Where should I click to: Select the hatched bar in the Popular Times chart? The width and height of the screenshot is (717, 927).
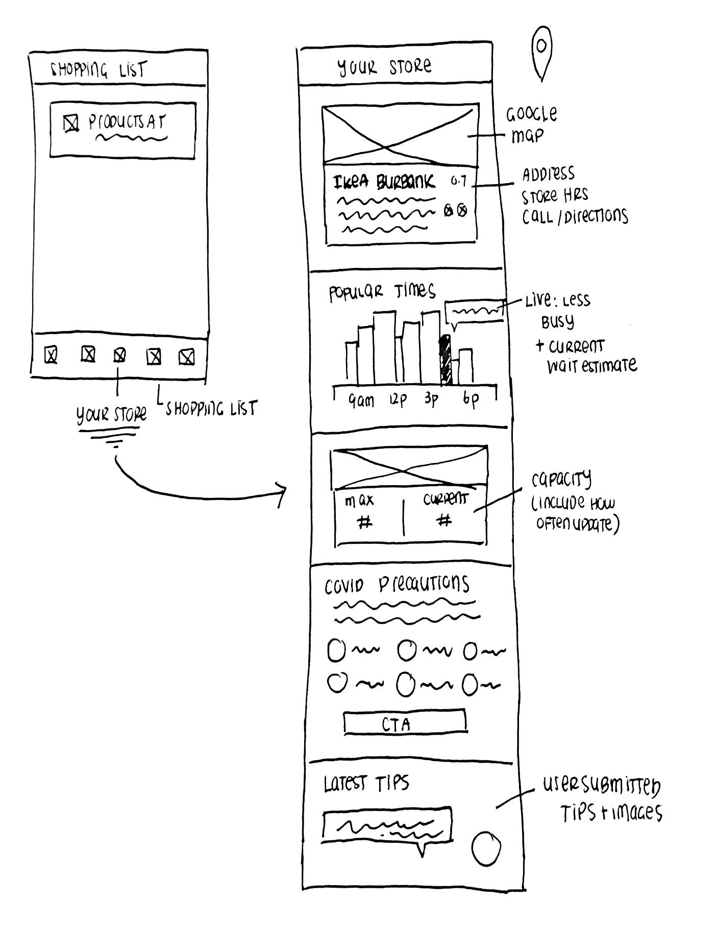[446, 360]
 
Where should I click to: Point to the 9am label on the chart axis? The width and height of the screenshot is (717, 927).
[362, 402]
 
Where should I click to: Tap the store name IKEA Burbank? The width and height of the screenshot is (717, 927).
[384, 182]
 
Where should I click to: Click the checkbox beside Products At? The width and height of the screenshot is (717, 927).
[71, 124]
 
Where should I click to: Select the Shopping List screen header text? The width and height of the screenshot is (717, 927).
[97, 70]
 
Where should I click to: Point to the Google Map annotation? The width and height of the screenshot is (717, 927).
[531, 124]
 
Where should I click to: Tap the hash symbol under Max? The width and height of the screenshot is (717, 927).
[364, 522]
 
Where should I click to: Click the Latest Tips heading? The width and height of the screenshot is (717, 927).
[366, 784]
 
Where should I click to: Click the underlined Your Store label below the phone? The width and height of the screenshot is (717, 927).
[111, 415]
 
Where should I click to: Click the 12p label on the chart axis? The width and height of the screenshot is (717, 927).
[398, 400]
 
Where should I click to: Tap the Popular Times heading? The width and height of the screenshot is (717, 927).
[382, 292]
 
